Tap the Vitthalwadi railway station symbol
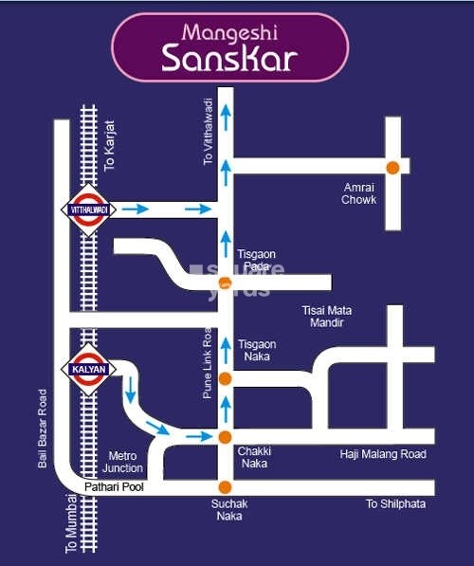click(x=87, y=210)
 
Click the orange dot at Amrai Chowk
click(x=392, y=167)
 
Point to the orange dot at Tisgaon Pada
click(x=225, y=283)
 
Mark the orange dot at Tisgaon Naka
click(x=225, y=379)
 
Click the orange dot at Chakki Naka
click(x=225, y=436)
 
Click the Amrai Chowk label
click(x=359, y=193)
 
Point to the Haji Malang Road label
click(x=383, y=455)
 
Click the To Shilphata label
click(x=395, y=503)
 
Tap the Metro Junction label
click(x=125, y=462)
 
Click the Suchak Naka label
click(x=228, y=510)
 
